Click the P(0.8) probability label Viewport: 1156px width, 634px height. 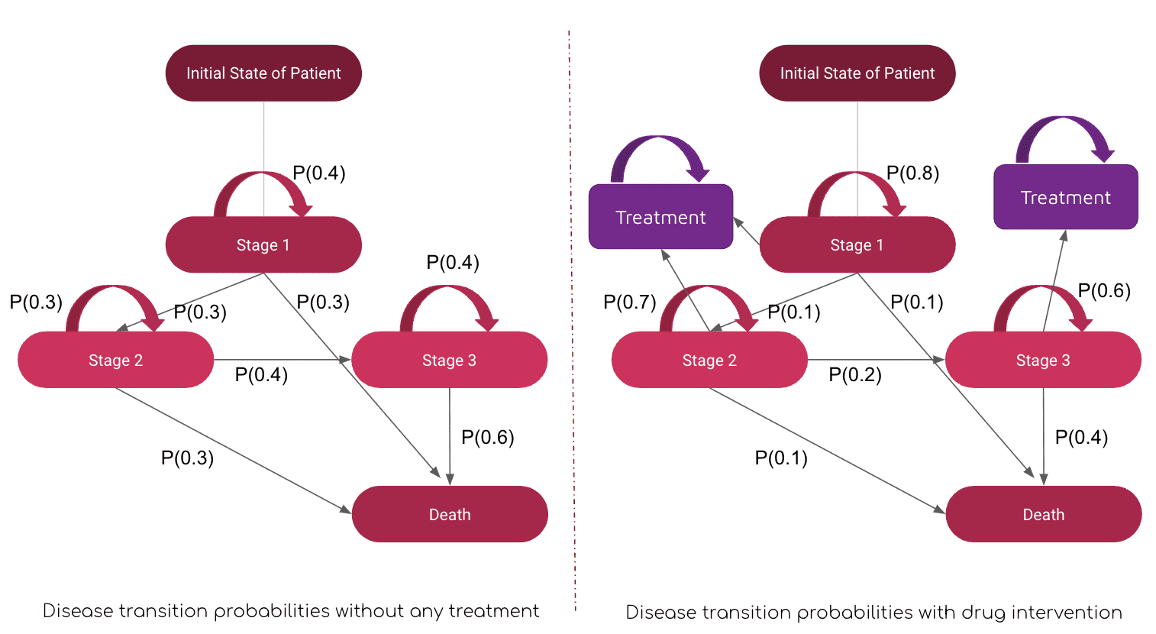click(912, 173)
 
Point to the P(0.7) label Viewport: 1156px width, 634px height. click(630, 302)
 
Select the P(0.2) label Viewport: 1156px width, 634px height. click(855, 374)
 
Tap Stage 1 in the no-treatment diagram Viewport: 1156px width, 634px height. click(263, 244)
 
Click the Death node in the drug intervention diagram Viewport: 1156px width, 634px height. click(1044, 514)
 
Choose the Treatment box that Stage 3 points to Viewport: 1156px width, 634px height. click(1066, 197)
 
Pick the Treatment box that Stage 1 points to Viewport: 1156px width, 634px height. click(660, 217)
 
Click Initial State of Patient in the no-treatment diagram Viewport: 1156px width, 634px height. click(263, 73)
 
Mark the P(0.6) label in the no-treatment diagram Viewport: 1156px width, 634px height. click(488, 437)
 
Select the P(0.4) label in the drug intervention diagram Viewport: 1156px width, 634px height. click(1081, 437)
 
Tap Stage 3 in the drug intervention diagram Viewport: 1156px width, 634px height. click(1043, 360)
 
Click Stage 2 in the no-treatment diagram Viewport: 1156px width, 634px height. click(115, 360)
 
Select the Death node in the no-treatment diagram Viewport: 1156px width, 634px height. click(450, 514)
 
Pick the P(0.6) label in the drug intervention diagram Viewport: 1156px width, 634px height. click(1104, 291)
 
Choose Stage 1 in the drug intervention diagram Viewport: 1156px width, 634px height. click(857, 244)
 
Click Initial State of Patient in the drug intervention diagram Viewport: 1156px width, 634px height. click(857, 73)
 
